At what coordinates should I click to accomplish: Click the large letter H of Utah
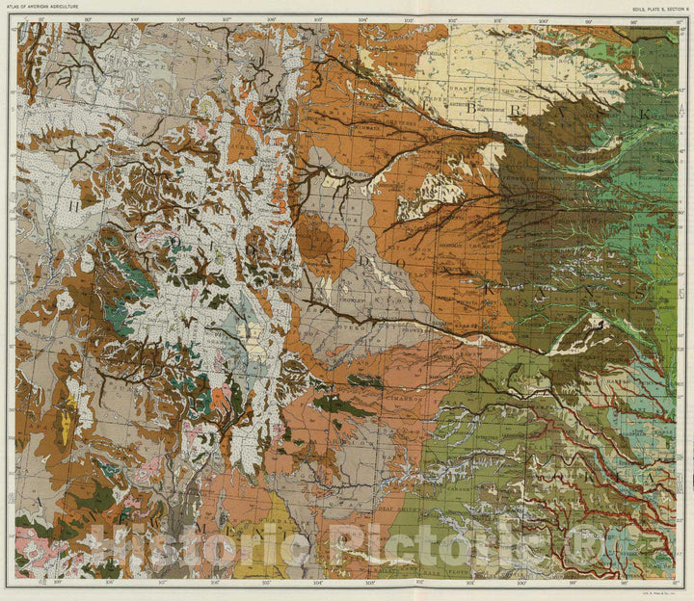pyautogui.click(x=72, y=204)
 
